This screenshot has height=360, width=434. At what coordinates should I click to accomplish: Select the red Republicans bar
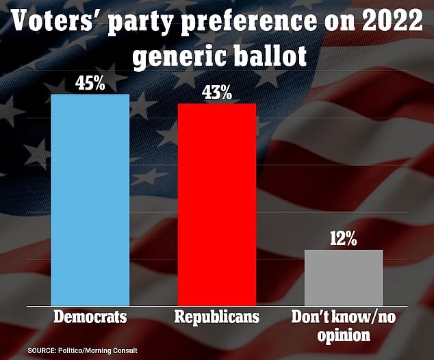pos(217,205)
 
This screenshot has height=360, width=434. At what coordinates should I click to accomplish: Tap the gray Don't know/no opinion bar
pos(344,277)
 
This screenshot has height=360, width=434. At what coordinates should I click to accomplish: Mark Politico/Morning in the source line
pos(90,350)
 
